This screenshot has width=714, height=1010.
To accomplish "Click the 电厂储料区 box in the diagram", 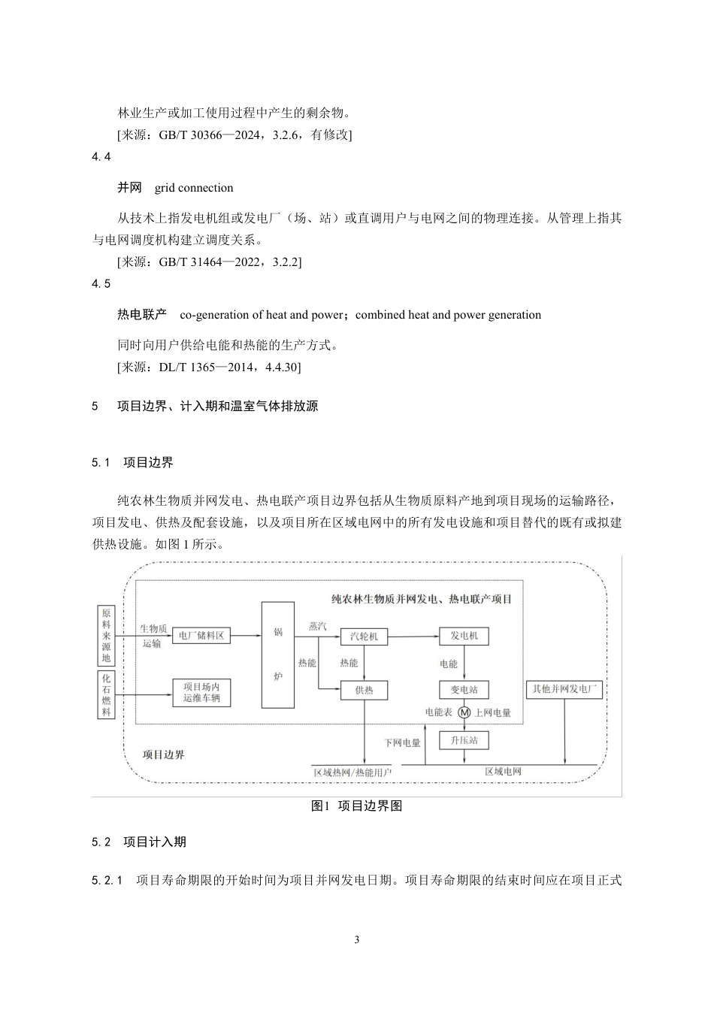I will (200, 635).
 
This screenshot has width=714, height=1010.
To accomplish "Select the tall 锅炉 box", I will (277, 655).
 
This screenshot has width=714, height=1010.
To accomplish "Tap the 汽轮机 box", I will (365, 637).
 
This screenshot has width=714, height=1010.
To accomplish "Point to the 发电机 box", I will (464, 636).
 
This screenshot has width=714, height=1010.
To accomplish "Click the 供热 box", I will (365, 690).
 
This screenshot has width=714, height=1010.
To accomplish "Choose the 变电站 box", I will (464, 690).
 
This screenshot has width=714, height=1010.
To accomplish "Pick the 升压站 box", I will (464, 741).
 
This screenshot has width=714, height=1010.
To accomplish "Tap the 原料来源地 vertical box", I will (106, 637).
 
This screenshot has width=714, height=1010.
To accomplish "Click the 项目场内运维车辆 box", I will (201, 693).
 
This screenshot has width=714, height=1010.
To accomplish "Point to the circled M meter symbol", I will (464, 712).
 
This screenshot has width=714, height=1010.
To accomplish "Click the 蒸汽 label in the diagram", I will (319, 626).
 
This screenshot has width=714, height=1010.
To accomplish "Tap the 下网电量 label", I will (402, 742).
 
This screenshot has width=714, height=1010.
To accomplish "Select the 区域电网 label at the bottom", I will (503, 771).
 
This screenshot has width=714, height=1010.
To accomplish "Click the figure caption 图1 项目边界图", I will (357, 806).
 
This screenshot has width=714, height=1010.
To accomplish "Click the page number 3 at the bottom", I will (357, 939).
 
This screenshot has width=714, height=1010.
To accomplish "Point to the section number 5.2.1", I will (107, 880).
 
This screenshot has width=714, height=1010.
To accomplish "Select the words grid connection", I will (194, 188).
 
